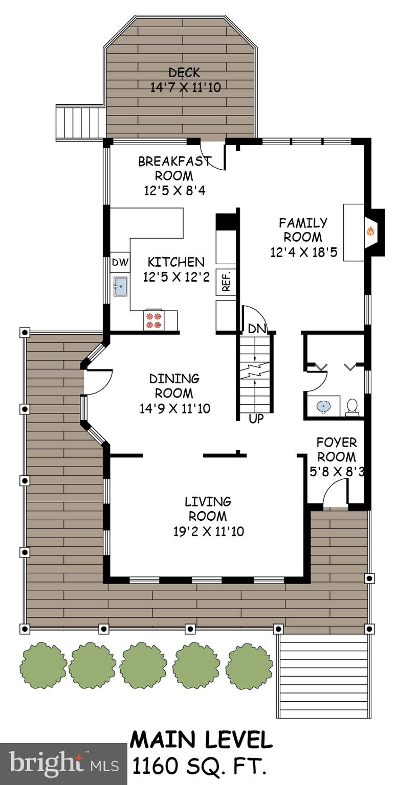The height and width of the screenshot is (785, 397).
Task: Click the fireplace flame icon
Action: point(370,232)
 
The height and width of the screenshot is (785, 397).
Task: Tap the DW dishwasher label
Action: point(121,263)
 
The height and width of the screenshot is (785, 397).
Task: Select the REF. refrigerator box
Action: point(226,281)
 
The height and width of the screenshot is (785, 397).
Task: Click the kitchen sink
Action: point(120,286)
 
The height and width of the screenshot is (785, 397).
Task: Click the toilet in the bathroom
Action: point(352,407)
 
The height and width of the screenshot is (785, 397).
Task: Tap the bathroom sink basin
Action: point(323,407)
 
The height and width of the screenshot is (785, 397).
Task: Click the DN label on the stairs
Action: point(256,329)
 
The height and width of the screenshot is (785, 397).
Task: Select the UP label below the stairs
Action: point(256,419)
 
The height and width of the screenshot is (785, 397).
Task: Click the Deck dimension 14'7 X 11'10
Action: point(185,87)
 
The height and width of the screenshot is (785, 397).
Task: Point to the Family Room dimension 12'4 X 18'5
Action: point(303,252)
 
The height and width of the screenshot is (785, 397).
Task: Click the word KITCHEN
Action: point(176,262)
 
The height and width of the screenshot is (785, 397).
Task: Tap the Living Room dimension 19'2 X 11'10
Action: point(208,532)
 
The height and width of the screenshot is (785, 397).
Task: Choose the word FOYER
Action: point(336,442)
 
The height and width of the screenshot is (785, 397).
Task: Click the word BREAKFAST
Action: point(174,161)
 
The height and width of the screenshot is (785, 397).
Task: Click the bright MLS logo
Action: point(63,764)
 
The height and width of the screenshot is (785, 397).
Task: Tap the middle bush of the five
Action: point(144,666)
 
